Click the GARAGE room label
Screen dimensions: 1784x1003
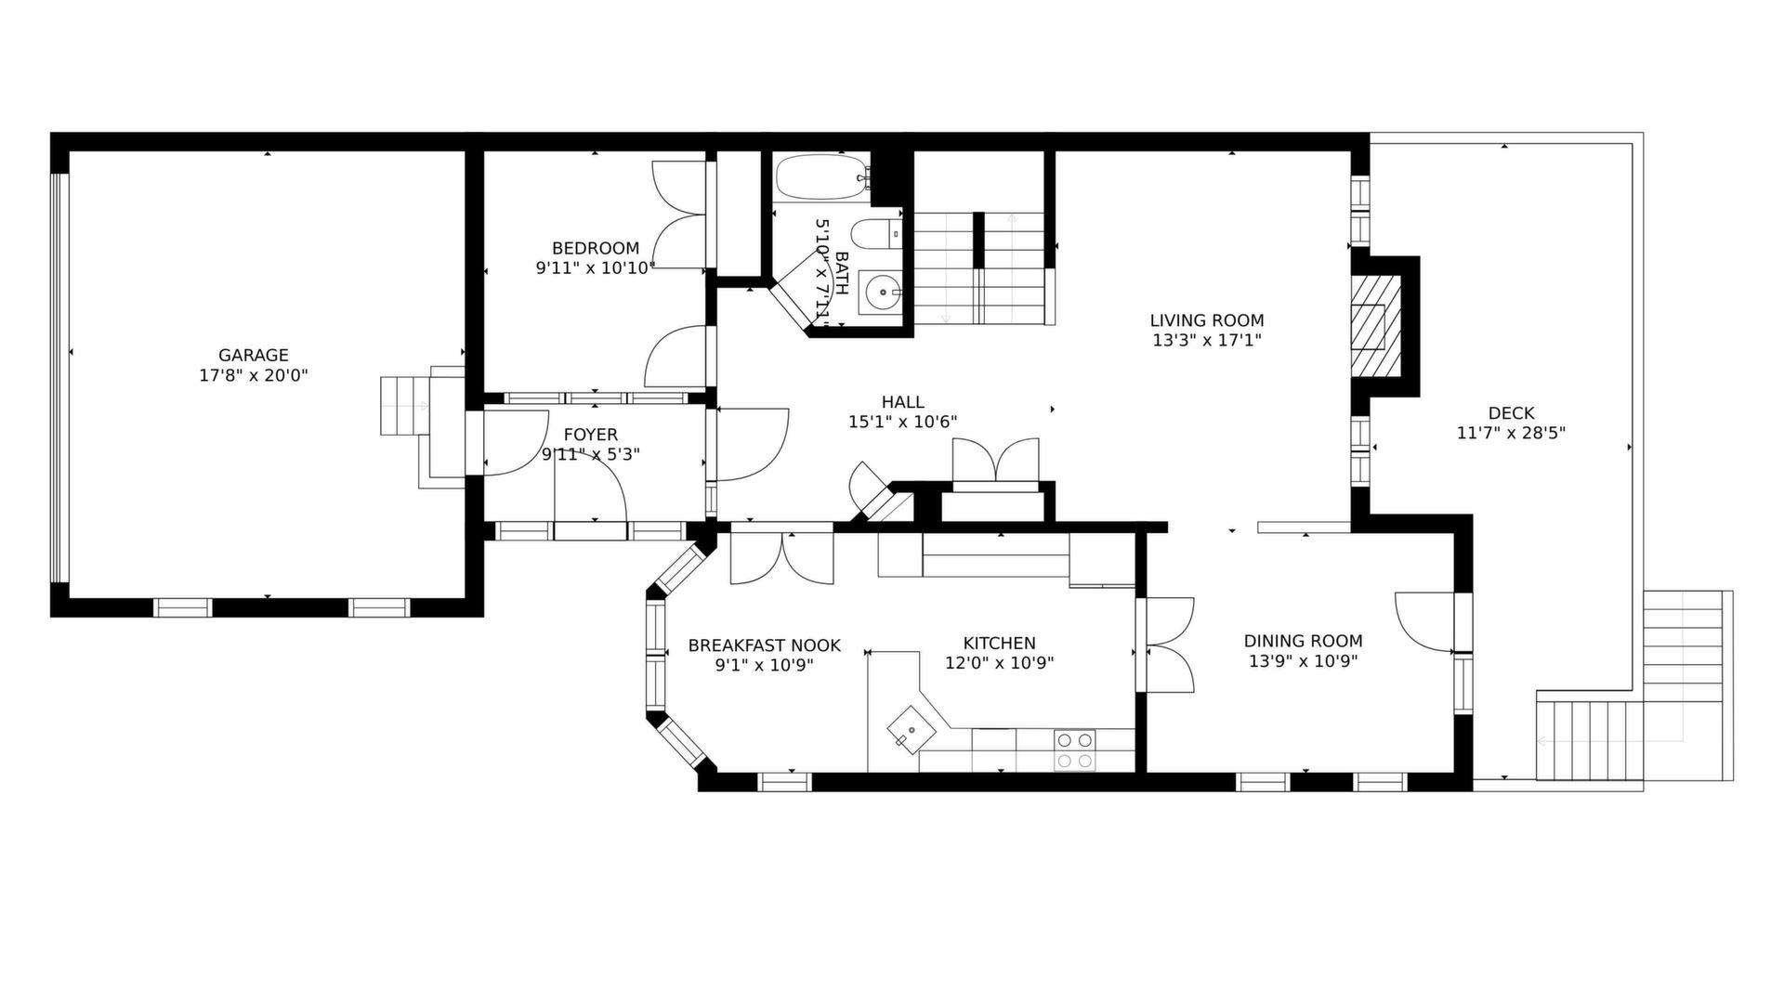253,355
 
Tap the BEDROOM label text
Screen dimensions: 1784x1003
596,248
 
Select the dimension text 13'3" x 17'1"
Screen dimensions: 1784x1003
1207,341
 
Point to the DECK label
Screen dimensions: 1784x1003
1511,413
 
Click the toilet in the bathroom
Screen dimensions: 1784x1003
877,234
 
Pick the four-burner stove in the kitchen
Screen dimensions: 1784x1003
1074,750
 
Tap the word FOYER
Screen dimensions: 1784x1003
590,435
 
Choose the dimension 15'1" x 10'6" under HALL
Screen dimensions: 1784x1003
902,422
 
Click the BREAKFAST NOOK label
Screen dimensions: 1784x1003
764,645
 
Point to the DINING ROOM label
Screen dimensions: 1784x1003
1303,641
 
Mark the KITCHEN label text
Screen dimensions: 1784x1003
999,643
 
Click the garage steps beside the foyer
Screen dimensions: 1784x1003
404,406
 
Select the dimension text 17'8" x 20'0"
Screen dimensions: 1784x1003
253,376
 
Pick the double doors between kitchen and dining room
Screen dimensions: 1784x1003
1169,645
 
